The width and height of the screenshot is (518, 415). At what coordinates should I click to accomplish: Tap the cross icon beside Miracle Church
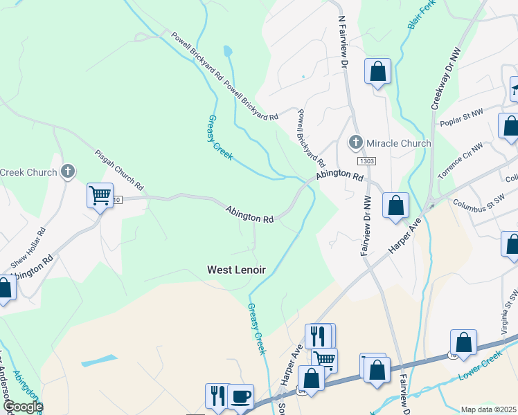point(356,143)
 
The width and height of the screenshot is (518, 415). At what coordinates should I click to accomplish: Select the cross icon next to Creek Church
point(68,172)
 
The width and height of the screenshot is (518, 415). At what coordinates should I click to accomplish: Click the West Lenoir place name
point(237,270)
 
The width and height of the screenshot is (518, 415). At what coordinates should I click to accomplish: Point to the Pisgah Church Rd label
point(119,170)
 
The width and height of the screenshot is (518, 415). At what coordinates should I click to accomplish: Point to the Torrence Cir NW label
point(461,161)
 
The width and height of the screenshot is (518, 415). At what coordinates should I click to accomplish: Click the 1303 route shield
point(366,160)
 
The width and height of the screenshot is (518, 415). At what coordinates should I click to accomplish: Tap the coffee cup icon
point(240,396)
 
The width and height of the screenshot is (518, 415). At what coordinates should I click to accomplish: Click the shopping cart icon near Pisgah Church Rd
point(100,196)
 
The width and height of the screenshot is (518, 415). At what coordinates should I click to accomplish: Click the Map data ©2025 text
point(488,409)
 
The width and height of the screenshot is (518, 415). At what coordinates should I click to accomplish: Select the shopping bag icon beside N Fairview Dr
point(377,71)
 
